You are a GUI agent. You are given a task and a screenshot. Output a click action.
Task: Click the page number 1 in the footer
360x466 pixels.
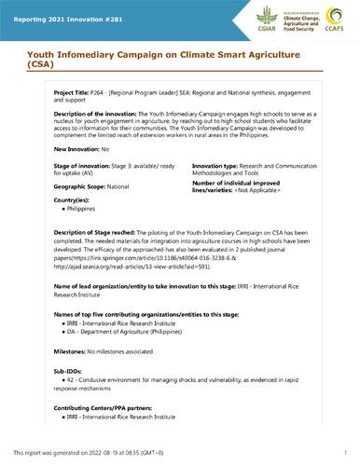click(345, 451)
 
